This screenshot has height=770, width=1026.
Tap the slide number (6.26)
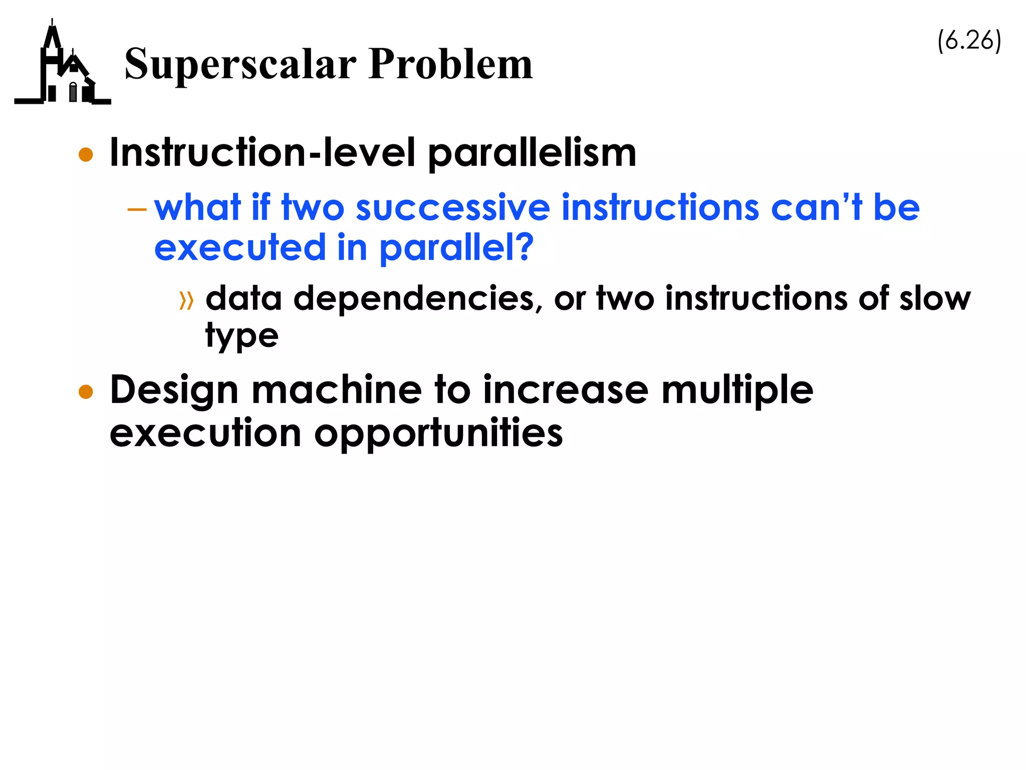[969, 40]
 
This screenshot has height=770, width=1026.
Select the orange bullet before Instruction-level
[86, 154]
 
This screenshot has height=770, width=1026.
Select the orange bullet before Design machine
[86, 392]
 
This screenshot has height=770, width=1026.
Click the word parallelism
[532, 153]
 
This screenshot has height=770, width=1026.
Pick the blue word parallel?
[456, 248]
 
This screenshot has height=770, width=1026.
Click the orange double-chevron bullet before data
[186, 301]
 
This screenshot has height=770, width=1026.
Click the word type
[241, 336]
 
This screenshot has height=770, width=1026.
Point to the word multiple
[737, 391]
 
